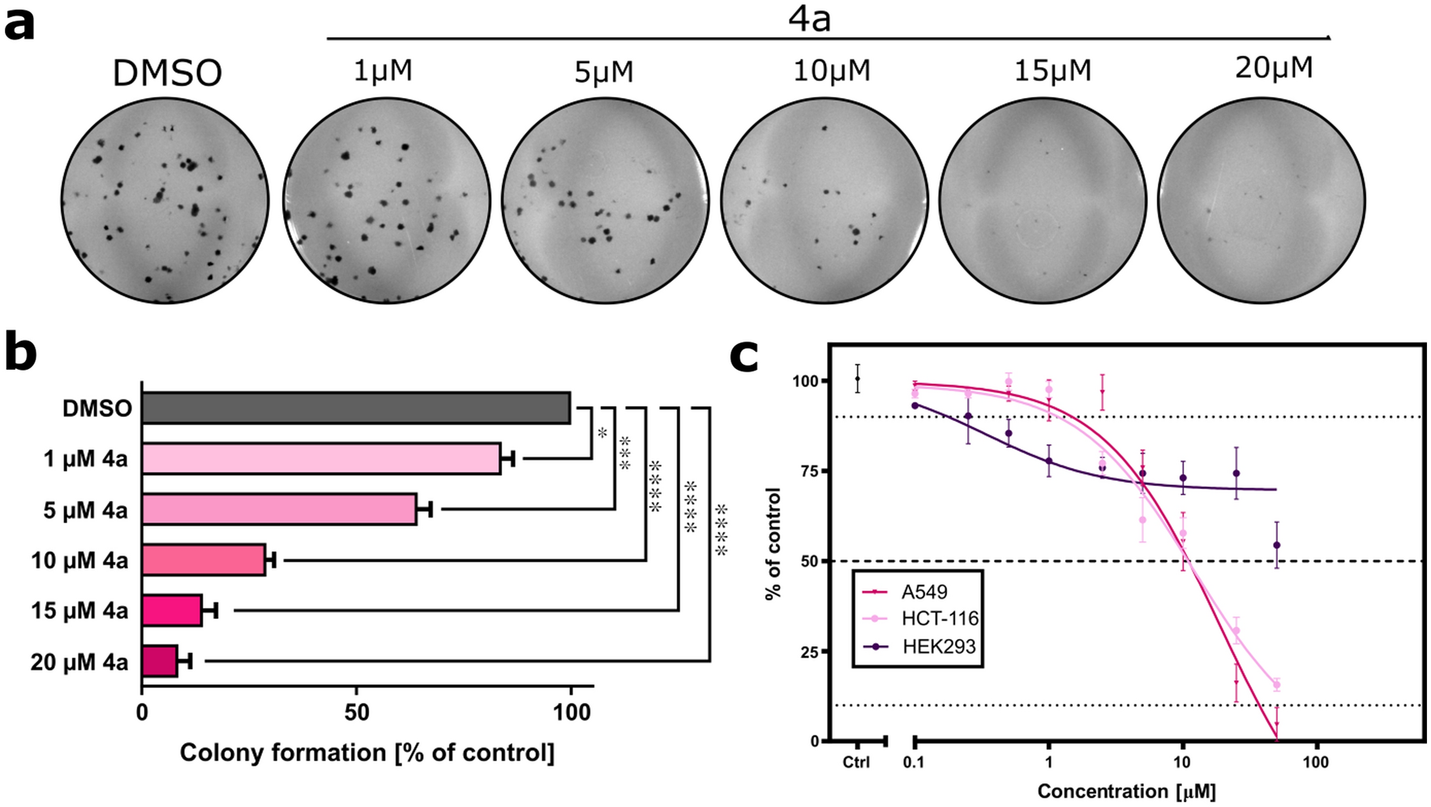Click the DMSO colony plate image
(x=165, y=200)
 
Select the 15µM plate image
(x=1043, y=200)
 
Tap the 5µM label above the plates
(x=603, y=73)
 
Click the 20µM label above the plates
(x=1273, y=68)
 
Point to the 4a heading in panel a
(x=809, y=18)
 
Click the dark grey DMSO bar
(x=355, y=408)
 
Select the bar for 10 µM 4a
(x=204, y=560)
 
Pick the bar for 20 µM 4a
(x=160, y=661)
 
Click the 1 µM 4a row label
(x=85, y=459)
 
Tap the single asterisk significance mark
(x=602, y=434)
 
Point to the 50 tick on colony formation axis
(x=356, y=713)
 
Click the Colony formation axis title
(x=366, y=753)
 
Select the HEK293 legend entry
(x=938, y=646)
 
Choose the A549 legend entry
(x=923, y=592)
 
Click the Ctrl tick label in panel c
(x=856, y=762)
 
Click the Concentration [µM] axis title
(x=1125, y=791)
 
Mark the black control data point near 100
(x=857, y=379)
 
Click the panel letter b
(x=20, y=354)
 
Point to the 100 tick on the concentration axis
(x=1315, y=762)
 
